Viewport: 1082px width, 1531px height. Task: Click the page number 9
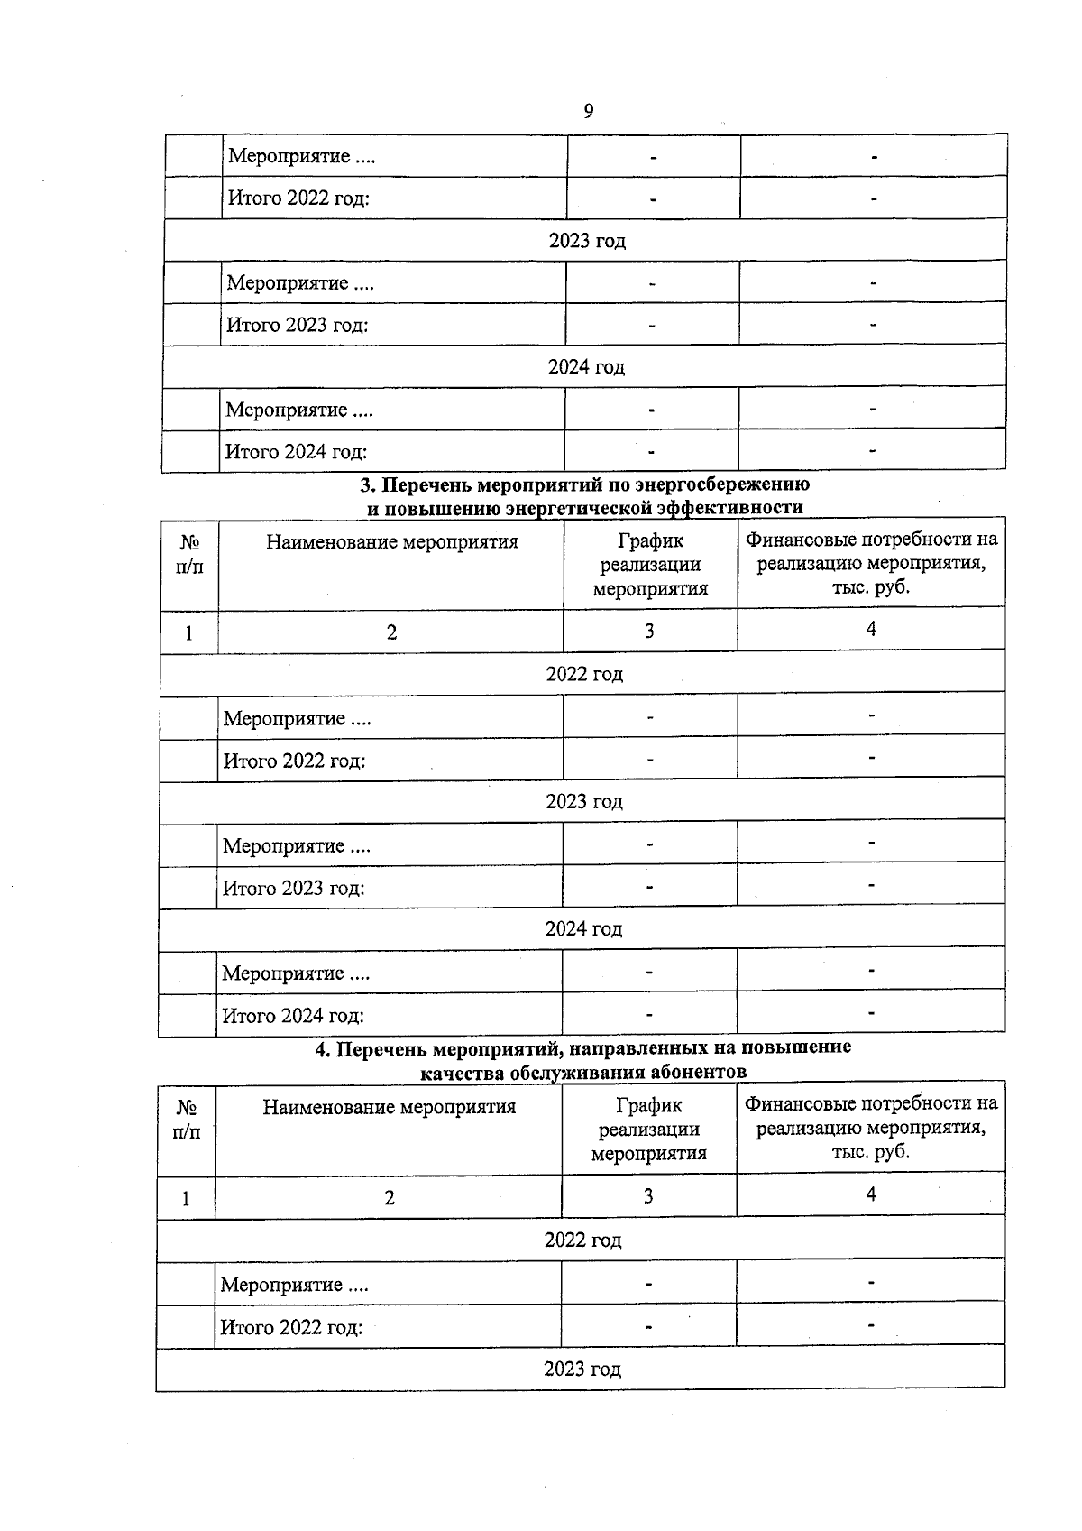[589, 111]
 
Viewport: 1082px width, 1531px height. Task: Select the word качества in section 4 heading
[463, 1072]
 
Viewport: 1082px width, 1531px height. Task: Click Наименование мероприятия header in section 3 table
[391, 542]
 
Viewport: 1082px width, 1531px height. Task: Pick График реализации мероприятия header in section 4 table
[649, 1129]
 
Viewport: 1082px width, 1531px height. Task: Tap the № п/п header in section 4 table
[186, 1119]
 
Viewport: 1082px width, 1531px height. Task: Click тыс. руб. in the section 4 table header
[871, 1152]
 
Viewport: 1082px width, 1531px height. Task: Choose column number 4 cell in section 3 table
[871, 629]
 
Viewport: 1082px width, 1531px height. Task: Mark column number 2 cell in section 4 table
[390, 1198]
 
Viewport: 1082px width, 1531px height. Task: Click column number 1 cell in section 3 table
[188, 632]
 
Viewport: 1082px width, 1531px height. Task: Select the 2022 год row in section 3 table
[584, 674]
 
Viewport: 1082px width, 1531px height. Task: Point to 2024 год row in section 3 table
[583, 928]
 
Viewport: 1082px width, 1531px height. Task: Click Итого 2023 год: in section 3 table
[294, 888]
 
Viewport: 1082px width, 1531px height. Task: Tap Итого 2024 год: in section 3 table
[293, 1016]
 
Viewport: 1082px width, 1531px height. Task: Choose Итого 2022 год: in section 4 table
[291, 1327]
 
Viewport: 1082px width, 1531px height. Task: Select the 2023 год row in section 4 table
[582, 1369]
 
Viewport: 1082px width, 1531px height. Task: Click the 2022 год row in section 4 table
[582, 1240]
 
